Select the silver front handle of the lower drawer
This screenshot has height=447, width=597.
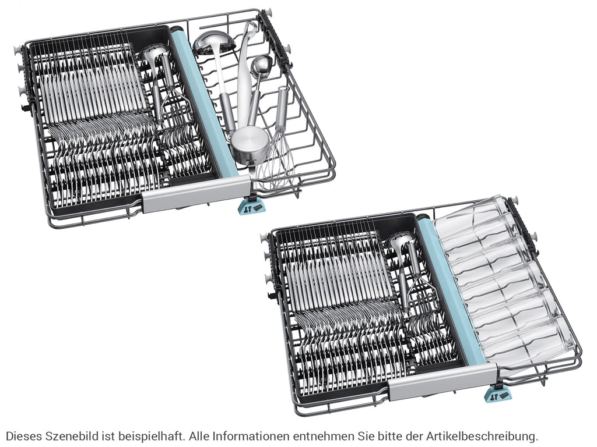443,380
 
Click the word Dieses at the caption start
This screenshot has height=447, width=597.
23,435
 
